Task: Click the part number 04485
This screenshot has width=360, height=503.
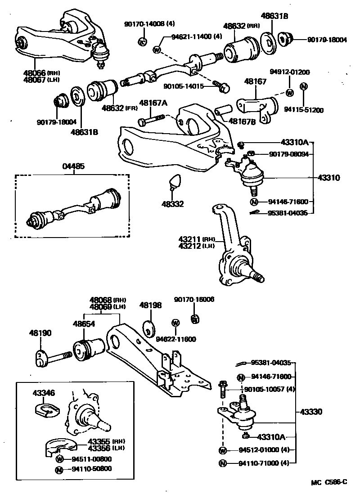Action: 73,167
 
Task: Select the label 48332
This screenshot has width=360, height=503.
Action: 173,204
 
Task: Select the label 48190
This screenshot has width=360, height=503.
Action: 40,333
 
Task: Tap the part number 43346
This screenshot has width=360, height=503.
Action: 44,393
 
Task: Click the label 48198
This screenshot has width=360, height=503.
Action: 150,305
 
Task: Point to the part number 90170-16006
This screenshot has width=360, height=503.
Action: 194,299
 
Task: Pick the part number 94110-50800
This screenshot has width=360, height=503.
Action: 91,469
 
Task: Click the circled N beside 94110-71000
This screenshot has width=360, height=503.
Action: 222,463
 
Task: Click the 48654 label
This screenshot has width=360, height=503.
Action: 84,323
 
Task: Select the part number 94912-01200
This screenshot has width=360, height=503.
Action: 289,72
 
